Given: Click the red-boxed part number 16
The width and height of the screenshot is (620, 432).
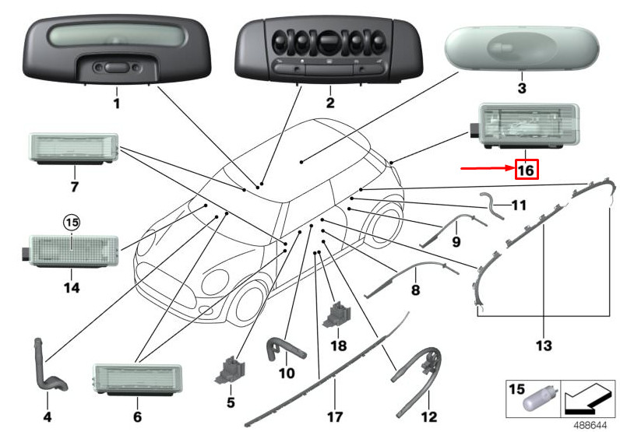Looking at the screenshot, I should click(x=527, y=168).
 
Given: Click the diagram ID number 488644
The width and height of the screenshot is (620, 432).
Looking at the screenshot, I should click(x=591, y=425).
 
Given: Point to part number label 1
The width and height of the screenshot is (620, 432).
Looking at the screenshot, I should click(x=116, y=103).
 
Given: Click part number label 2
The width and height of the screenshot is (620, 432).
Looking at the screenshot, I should click(x=329, y=103).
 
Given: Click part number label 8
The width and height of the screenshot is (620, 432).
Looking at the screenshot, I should click(x=415, y=290).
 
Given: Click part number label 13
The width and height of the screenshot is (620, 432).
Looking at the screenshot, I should click(x=543, y=344).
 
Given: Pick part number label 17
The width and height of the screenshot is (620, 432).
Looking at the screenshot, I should click(x=335, y=417).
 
